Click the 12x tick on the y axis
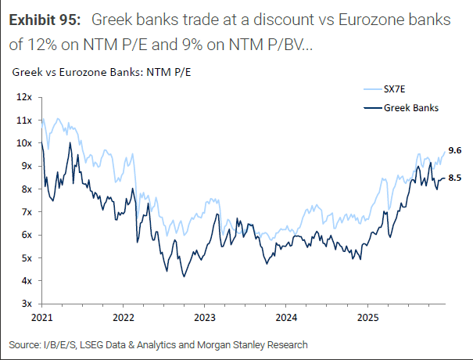coord(21,98)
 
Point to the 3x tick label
coord(23,304)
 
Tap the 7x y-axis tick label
coord(23,212)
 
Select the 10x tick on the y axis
coord(21,143)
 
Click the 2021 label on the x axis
coord(42,319)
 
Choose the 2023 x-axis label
coord(205,319)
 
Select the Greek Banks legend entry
coord(410,108)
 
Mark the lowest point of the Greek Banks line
coord(184,276)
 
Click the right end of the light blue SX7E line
coord(445,152)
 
